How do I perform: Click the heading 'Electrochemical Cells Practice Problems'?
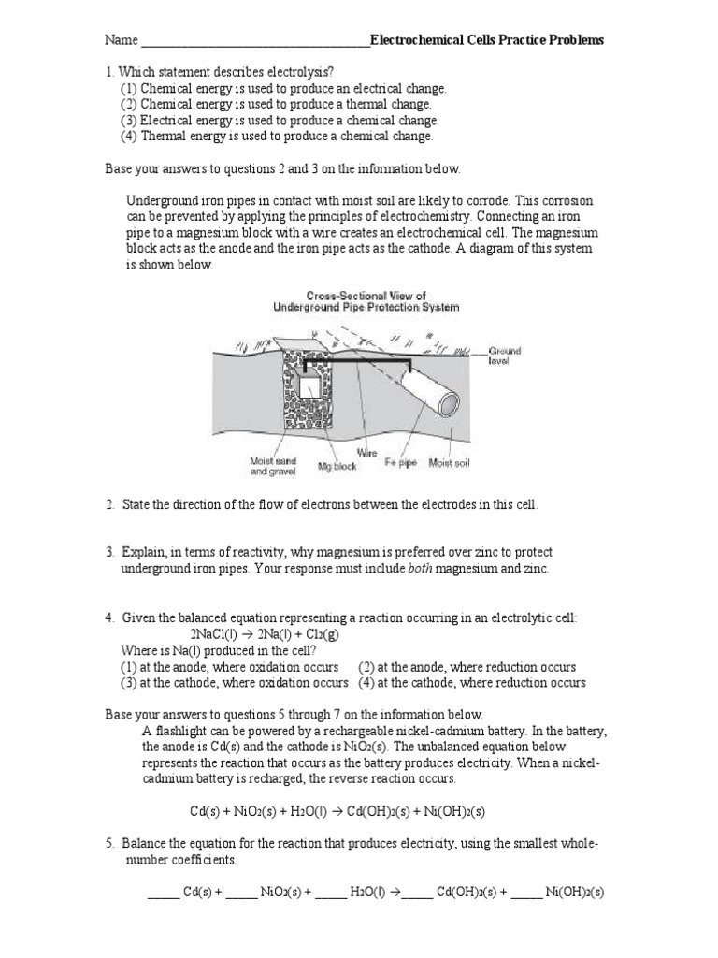point(487,40)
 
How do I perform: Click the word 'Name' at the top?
point(120,40)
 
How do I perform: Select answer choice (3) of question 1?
point(280,120)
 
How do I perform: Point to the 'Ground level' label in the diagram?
point(505,356)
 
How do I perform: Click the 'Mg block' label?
point(339,464)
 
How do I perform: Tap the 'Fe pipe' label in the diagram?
point(401,463)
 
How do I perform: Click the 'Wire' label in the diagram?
point(366,452)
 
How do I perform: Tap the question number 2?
point(109,505)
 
